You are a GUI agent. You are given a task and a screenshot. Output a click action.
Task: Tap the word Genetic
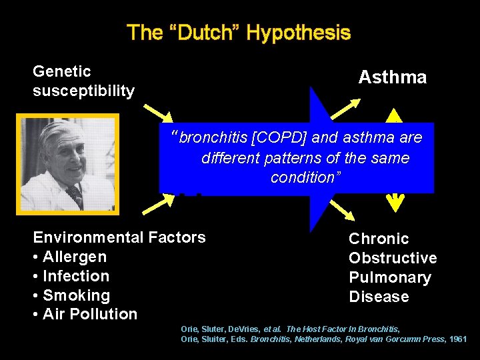coord(62,71)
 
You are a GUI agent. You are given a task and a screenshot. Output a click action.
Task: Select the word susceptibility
coord(83,91)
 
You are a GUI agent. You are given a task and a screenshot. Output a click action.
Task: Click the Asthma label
coord(392,77)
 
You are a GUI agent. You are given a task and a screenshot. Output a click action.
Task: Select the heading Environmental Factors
coord(119,237)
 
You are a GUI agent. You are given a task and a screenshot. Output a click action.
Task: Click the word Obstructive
coord(393,258)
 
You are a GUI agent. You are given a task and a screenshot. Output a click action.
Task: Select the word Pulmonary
coord(390,277)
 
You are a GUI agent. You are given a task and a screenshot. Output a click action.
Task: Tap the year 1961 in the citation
coord(457,339)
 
